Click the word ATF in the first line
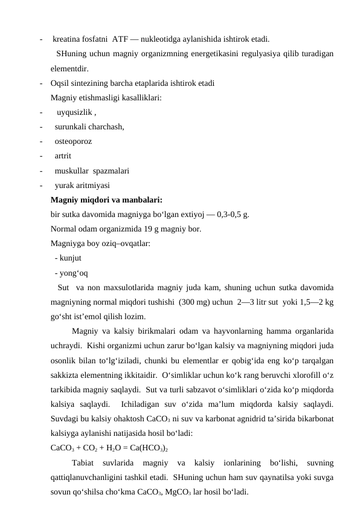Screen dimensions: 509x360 pos(137,40)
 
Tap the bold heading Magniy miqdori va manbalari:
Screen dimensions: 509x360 pos(106,199)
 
